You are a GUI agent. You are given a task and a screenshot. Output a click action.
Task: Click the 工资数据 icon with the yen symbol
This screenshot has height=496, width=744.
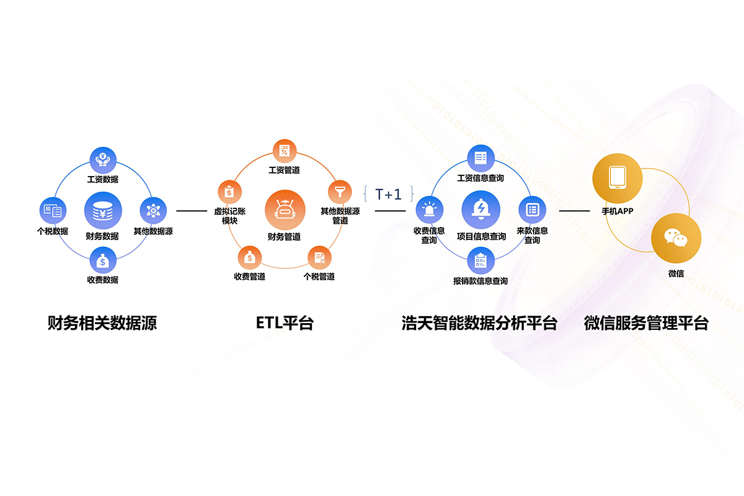(x=103, y=160)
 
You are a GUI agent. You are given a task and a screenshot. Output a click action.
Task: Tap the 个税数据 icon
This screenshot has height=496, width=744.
(x=52, y=211)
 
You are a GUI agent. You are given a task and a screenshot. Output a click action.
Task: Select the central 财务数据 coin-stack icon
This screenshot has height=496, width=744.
(x=103, y=211)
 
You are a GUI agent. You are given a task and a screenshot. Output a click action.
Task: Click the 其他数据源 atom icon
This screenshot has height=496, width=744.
(x=153, y=211)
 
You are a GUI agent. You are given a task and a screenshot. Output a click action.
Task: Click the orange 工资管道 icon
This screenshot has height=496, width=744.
(x=285, y=151)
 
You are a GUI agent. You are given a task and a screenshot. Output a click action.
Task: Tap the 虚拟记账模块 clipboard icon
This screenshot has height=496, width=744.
(x=228, y=192)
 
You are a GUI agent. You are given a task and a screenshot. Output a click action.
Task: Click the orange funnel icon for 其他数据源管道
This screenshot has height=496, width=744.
(x=340, y=192)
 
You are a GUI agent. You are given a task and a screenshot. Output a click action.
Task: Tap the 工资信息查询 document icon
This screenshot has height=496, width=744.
(x=480, y=157)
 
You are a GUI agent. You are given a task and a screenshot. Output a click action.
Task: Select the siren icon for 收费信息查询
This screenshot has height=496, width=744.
(x=429, y=210)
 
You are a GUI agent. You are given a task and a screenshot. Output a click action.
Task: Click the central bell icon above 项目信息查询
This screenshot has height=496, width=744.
(x=481, y=210)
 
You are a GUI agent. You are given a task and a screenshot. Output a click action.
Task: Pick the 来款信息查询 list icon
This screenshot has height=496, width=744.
(x=532, y=210)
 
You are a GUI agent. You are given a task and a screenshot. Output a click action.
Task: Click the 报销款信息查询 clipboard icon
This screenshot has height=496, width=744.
(x=480, y=261)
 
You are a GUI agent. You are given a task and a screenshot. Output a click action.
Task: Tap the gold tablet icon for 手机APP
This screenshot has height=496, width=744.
(x=617, y=177)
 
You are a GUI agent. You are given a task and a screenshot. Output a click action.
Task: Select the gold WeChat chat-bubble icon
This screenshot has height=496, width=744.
(x=676, y=239)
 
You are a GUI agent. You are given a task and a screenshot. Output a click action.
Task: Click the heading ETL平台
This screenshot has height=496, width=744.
(x=285, y=323)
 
